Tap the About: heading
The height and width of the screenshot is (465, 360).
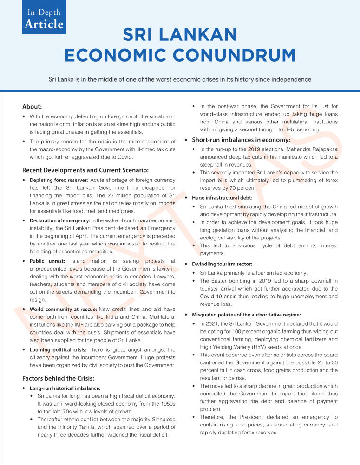[32, 106]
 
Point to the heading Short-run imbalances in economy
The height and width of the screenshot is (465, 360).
[241, 140]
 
